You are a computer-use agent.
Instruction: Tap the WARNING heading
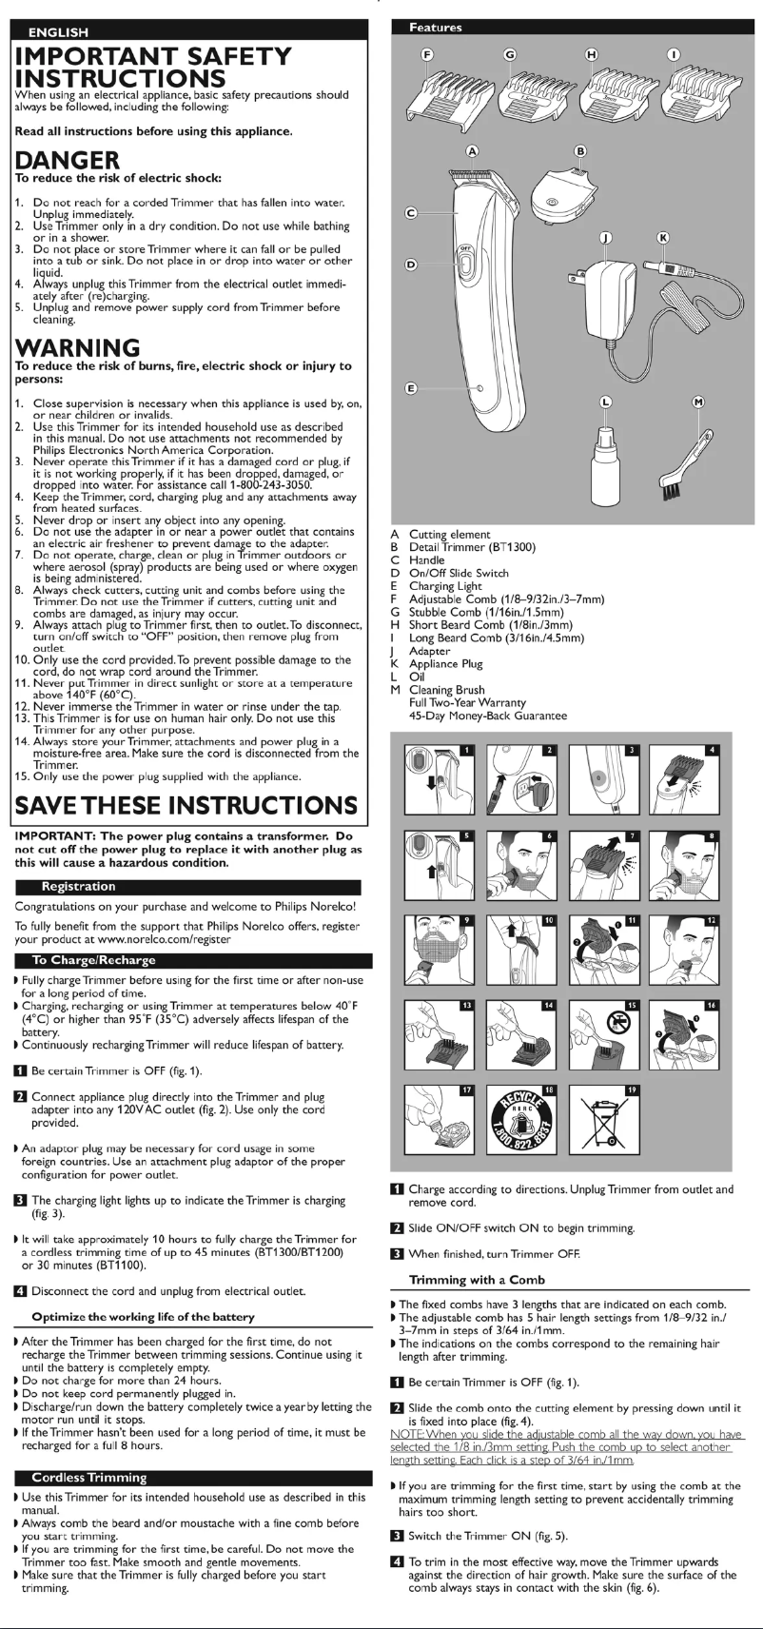pyautogui.click(x=78, y=346)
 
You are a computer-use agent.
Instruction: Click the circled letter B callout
pyautogui.click(x=580, y=150)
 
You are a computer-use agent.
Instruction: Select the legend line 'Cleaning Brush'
pyautogui.click(x=446, y=690)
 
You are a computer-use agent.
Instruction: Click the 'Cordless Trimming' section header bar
pyautogui.click(x=89, y=1478)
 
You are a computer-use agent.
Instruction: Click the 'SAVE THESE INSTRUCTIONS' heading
pyautogui.click(x=186, y=806)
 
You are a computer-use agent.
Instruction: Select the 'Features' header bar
pyautogui.click(x=436, y=28)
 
